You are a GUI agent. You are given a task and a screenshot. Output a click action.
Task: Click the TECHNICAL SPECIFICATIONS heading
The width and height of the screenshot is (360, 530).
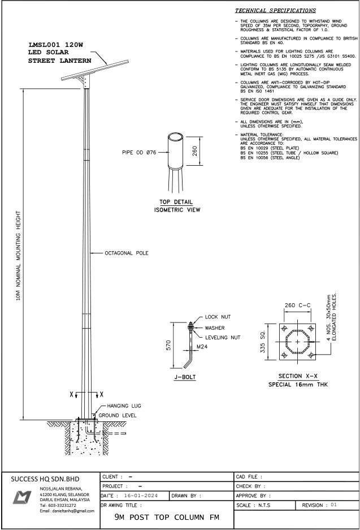276,11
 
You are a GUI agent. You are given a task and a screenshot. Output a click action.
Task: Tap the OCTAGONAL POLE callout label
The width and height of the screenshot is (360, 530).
127,253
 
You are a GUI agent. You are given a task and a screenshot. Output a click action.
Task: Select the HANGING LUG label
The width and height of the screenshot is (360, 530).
124,406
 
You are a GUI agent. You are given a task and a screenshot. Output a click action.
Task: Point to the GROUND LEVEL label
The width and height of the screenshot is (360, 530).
118,415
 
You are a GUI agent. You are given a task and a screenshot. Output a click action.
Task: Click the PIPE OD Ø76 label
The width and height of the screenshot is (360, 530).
139,153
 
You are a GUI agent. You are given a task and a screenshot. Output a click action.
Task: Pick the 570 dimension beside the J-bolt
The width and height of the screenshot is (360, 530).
169,345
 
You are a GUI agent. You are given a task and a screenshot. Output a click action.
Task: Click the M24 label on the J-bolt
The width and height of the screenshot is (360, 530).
202,347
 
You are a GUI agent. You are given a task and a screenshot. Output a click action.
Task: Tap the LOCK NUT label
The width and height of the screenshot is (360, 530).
218,317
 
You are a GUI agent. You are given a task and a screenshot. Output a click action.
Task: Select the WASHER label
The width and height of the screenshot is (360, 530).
214,328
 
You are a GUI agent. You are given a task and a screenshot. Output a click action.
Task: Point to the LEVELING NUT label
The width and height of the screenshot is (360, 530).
223,337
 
